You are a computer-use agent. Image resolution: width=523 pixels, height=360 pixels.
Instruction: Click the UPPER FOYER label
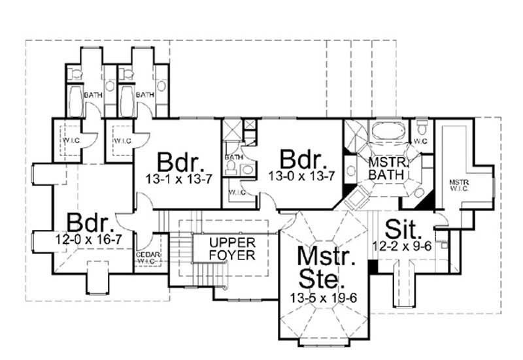pyautogui.click(x=232, y=248)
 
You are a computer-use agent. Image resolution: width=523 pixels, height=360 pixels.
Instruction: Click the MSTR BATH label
pyautogui.click(x=383, y=168)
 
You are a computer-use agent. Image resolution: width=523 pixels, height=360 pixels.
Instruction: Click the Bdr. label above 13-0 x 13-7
pyautogui.click(x=303, y=159)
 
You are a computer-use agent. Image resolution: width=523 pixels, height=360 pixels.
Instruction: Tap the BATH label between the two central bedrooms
pyautogui.click(x=233, y=157)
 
